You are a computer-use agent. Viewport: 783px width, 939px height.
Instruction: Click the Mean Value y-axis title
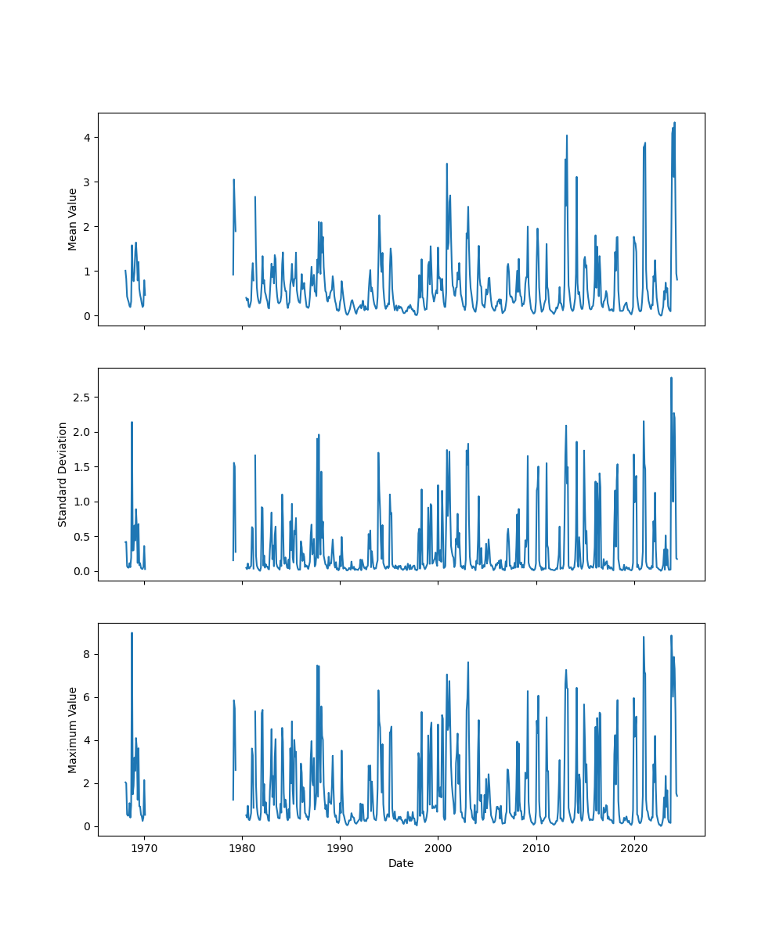(x=73, y=219)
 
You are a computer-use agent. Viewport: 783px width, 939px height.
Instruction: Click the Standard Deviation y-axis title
(x=63, y=474)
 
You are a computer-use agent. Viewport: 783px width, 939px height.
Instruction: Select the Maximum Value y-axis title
(x=73, y=729)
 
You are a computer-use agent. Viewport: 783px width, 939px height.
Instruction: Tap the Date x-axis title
(x=401, y=863)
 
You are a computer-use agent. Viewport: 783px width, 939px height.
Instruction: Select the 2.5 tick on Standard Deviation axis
(x=82, y=398)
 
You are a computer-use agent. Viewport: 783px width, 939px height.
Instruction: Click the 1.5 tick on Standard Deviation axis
(x=82, y=467)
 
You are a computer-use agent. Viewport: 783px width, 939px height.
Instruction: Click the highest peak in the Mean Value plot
(x=674, y=123)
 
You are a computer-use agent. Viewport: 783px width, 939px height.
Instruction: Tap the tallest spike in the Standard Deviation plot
(x=671, y=378)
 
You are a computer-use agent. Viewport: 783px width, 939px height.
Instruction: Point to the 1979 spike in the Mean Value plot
(x=233, y=180)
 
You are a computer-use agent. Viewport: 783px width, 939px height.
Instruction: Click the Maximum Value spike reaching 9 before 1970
(x=132, y=633)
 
